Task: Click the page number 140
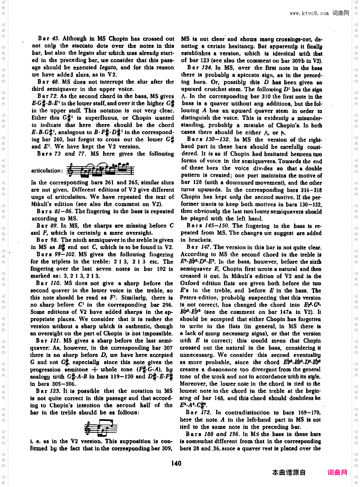pos(176,463)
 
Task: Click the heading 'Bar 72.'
pos(47,96)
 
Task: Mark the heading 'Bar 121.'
pos(48,340)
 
